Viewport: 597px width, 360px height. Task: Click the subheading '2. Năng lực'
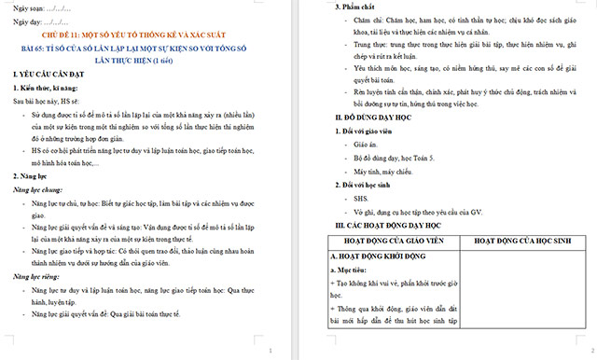click(34, 175)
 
